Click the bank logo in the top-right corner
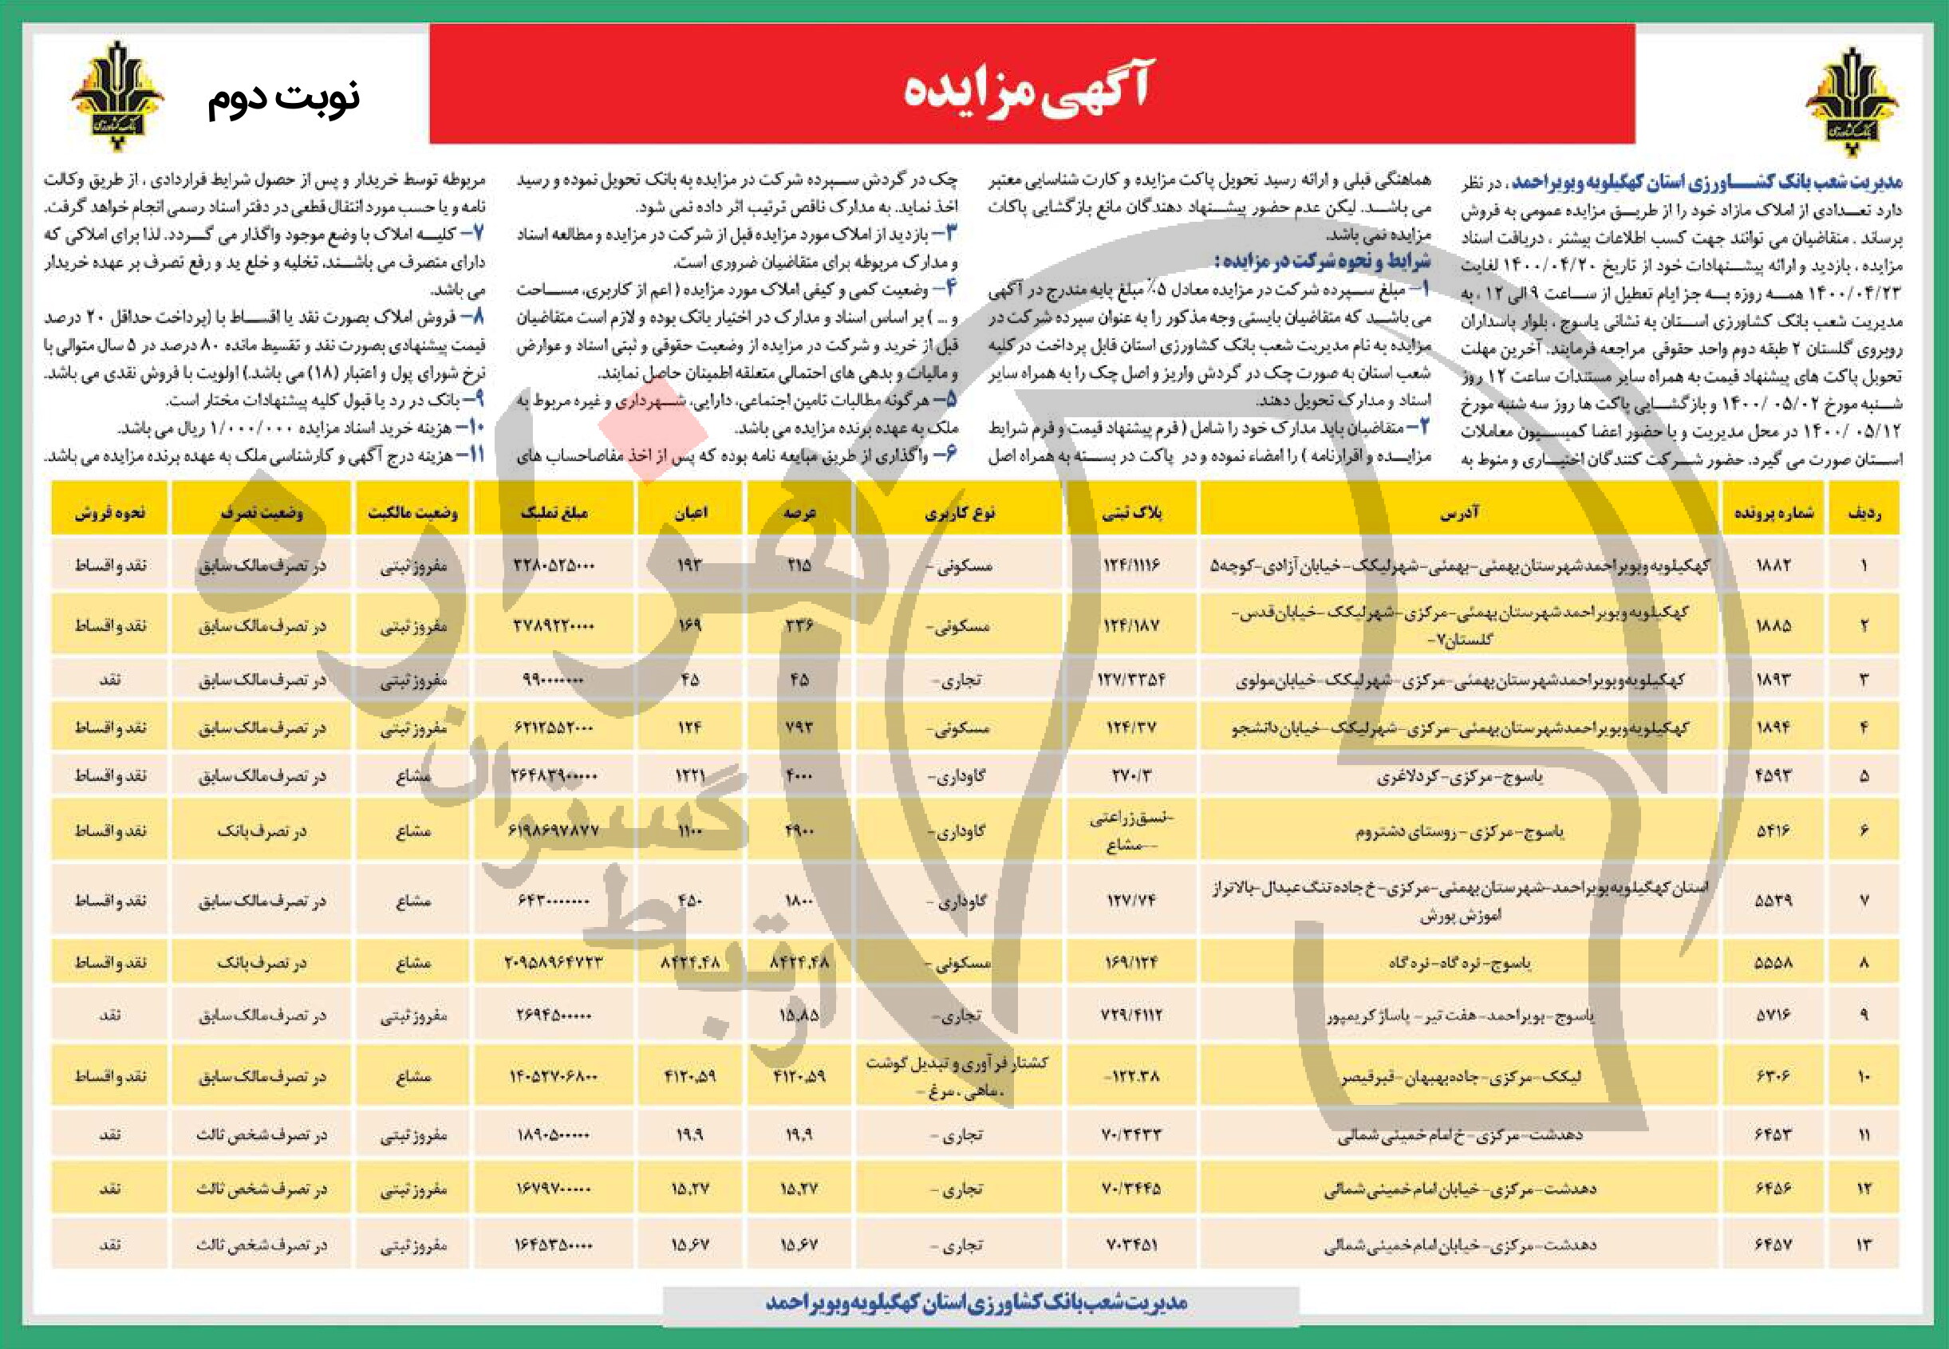tap(1851, 99)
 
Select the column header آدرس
tap(1459, 512)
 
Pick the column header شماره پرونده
tap(1773, 512)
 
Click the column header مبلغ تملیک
tap(554, 512)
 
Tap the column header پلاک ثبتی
tap(1133, 512)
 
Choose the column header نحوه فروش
tap(110, 512)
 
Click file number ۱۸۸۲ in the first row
tap(1773, 565)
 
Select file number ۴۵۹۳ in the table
tap(1773, 775)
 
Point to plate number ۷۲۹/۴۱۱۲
tap(1132, 1014)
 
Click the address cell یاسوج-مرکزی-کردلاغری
tap(1459, 775)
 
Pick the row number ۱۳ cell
tap(1864, 1244)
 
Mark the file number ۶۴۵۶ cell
tap(1773, 1189)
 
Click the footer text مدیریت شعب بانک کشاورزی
tap(976, 1303)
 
